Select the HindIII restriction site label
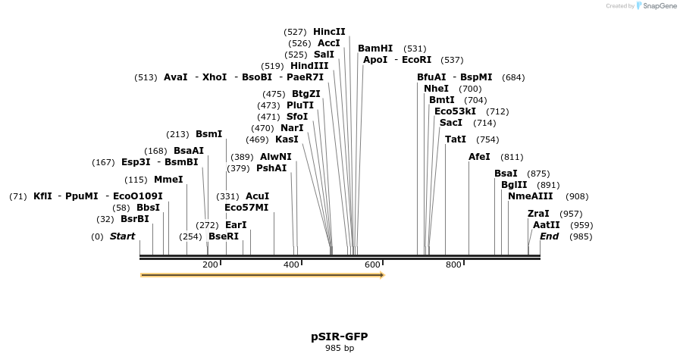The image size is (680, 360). [309, 66]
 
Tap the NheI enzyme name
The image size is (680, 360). [436, 89]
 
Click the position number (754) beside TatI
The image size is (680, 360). [487, 139]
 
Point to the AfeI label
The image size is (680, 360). [479, 157]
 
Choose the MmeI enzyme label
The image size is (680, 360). [168, 180]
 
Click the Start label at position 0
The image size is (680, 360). [122, 236]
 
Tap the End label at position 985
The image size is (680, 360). [549, 236]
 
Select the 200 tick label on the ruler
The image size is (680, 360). [210, 265]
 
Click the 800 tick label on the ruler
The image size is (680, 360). [453, 265]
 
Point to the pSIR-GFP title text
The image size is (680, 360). [340, 337]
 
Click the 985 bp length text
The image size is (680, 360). [340, 349]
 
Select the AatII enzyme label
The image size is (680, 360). [546, 225]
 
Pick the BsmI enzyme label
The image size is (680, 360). [209, 134]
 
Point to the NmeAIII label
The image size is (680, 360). [531, 196]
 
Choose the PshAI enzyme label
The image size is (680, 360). [271, 168]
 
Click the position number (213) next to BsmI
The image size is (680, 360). [177, 134]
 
